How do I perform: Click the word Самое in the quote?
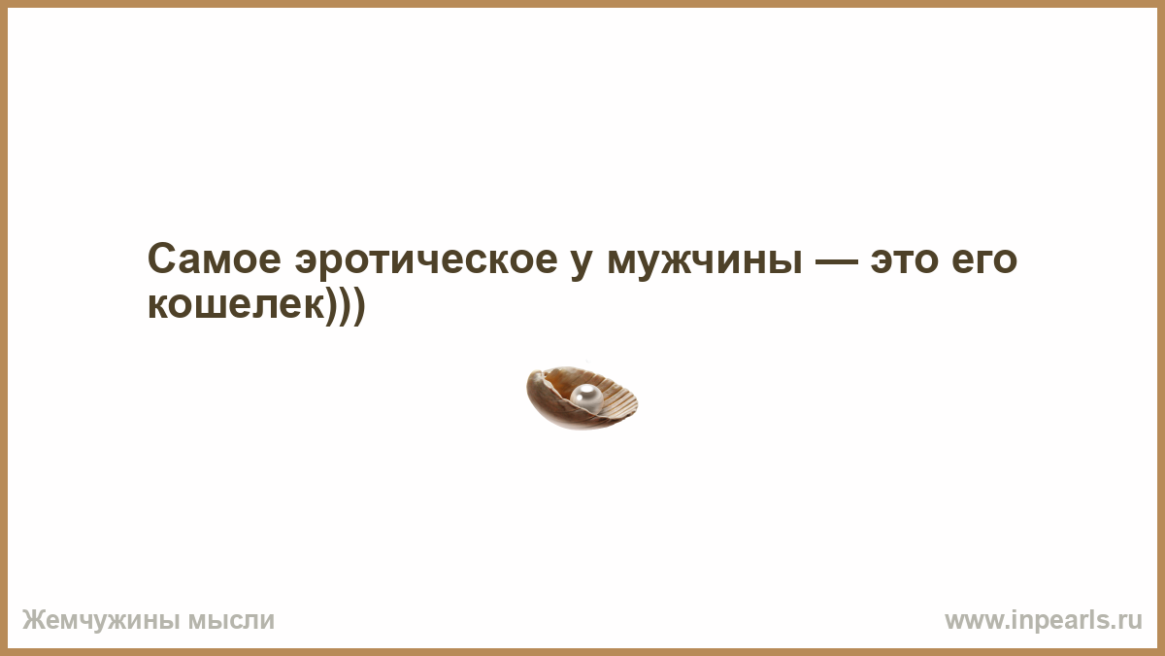[x=215, y=259]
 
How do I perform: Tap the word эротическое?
[x=426, y=259]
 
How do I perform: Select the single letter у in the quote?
[x=582, y=263]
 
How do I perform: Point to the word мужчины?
[x=705, y=263]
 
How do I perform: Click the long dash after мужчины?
[x=836, y=261]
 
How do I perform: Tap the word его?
[x=984, y=263]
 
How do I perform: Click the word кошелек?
[x=237, y=305]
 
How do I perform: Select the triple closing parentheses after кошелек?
[x=346, y=307]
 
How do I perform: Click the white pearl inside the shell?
[x=586, y=397]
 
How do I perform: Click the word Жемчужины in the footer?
[x=101, y=621]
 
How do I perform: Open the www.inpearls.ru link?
[x=1044, y=621]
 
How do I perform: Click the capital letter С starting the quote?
[x=161, y=259]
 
